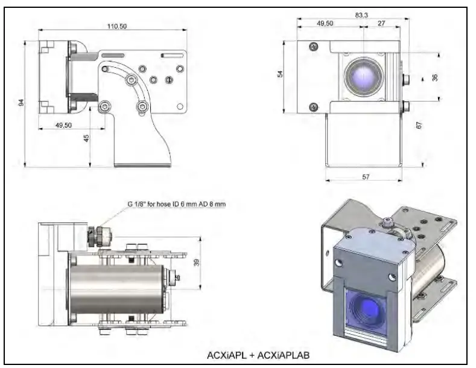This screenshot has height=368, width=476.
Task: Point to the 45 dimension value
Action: pos(86,138)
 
